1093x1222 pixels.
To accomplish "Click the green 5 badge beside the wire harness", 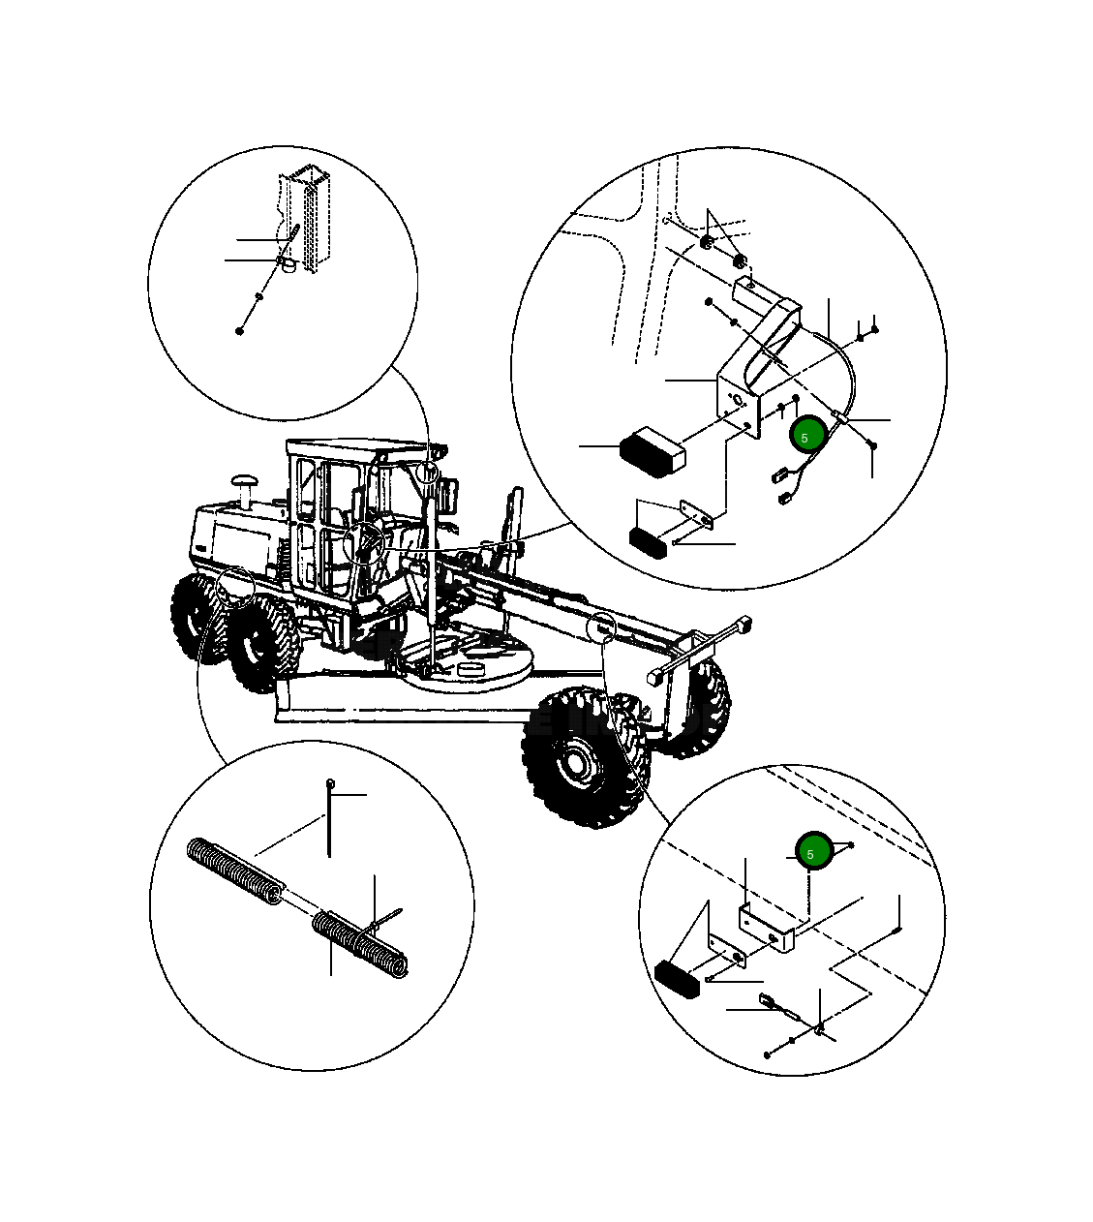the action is pyautogui.click(x=807, y=434).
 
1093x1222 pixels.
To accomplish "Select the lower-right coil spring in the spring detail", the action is pyautogui.click(x=360, y=944).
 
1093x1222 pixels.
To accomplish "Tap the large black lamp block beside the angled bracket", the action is pyautogui.click(x=653, y=452).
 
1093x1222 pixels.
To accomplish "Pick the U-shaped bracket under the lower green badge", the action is pyautogui.click(x=767, y=930).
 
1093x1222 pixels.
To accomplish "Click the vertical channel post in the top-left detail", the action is pyautogui.click(x=306, y=220).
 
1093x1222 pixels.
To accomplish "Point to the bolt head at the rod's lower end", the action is pyautogui.click(x=239, y=330).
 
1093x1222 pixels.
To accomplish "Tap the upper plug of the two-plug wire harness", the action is pyautogui.click(x=778, y=475).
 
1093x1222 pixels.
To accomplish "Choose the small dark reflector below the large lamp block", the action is pyautogui.click(x=648, y=543).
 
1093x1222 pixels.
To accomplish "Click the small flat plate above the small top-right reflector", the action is pyautogui.click(x=697, y=514).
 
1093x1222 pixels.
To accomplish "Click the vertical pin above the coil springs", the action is pyautogui.click(x=329, y=818).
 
